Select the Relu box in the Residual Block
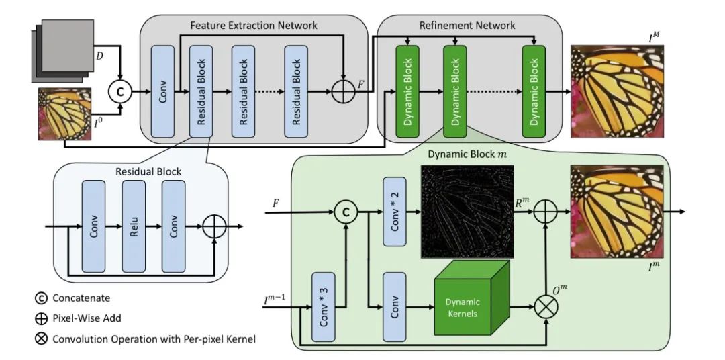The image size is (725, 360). pyautogui.click(x=134, y=222)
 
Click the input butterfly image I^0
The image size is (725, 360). pyautogui.click(x=65, y=114)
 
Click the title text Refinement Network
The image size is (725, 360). pyautogui.click(x=459, y=26)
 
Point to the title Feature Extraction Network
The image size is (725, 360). pyautogui.click(x=253, y=26)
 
